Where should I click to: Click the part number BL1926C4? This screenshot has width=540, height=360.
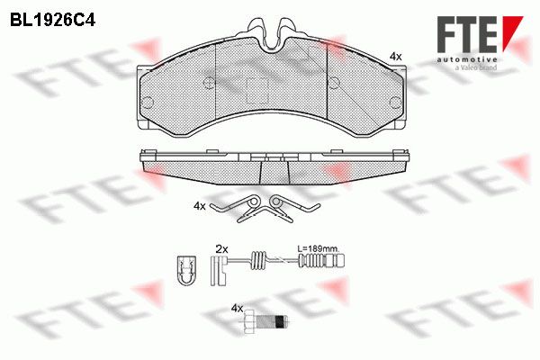pos(53,20)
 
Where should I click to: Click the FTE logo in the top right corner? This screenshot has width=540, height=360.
pos(480,34)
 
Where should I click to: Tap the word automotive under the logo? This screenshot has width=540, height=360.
pos(467,60)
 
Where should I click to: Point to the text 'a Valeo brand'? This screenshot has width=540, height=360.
pos(476,67)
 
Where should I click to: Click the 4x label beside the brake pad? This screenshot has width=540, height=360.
pos(395,57)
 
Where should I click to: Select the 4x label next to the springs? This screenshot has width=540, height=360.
pos(200,206)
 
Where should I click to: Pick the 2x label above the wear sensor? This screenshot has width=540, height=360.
pos(221,248)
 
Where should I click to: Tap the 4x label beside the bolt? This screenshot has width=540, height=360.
pos(238,309)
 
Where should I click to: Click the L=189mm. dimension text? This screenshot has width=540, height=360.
pos(319,248)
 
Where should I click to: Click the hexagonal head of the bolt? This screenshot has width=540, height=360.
pos(249,322)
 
